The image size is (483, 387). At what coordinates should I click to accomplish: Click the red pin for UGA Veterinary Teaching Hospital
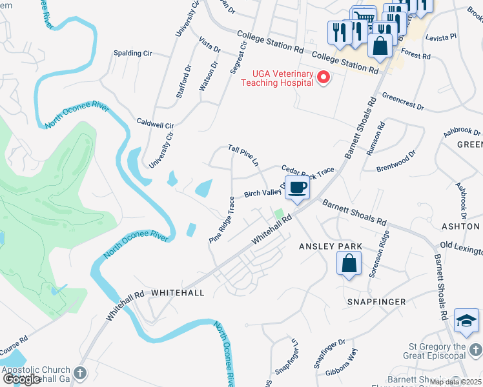point(324,78)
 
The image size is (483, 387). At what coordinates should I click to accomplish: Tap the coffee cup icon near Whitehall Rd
point(297,188)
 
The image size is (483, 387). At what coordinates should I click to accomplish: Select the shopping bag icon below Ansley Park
point(349,263)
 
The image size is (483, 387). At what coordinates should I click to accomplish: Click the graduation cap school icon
point(466,321)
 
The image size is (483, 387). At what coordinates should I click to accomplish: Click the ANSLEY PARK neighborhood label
point(330,246)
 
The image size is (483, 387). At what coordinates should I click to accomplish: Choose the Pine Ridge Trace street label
point(221,220)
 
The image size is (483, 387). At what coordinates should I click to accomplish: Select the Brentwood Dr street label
point(396,162)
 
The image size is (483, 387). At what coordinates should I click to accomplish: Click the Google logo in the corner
point(21,379)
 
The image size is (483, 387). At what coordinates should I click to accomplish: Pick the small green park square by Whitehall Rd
point(278,213)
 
